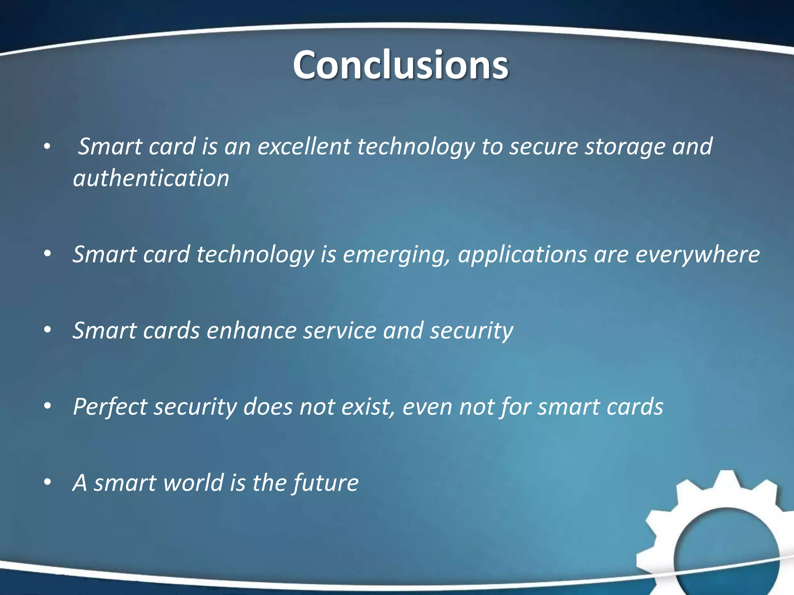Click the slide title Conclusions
tap(400, 65)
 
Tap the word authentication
tap(151, 179)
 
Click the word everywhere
tap(697, 255)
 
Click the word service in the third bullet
tap(340, 331)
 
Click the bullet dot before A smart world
tap(47, 483)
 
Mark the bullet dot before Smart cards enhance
tap(47, 330)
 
